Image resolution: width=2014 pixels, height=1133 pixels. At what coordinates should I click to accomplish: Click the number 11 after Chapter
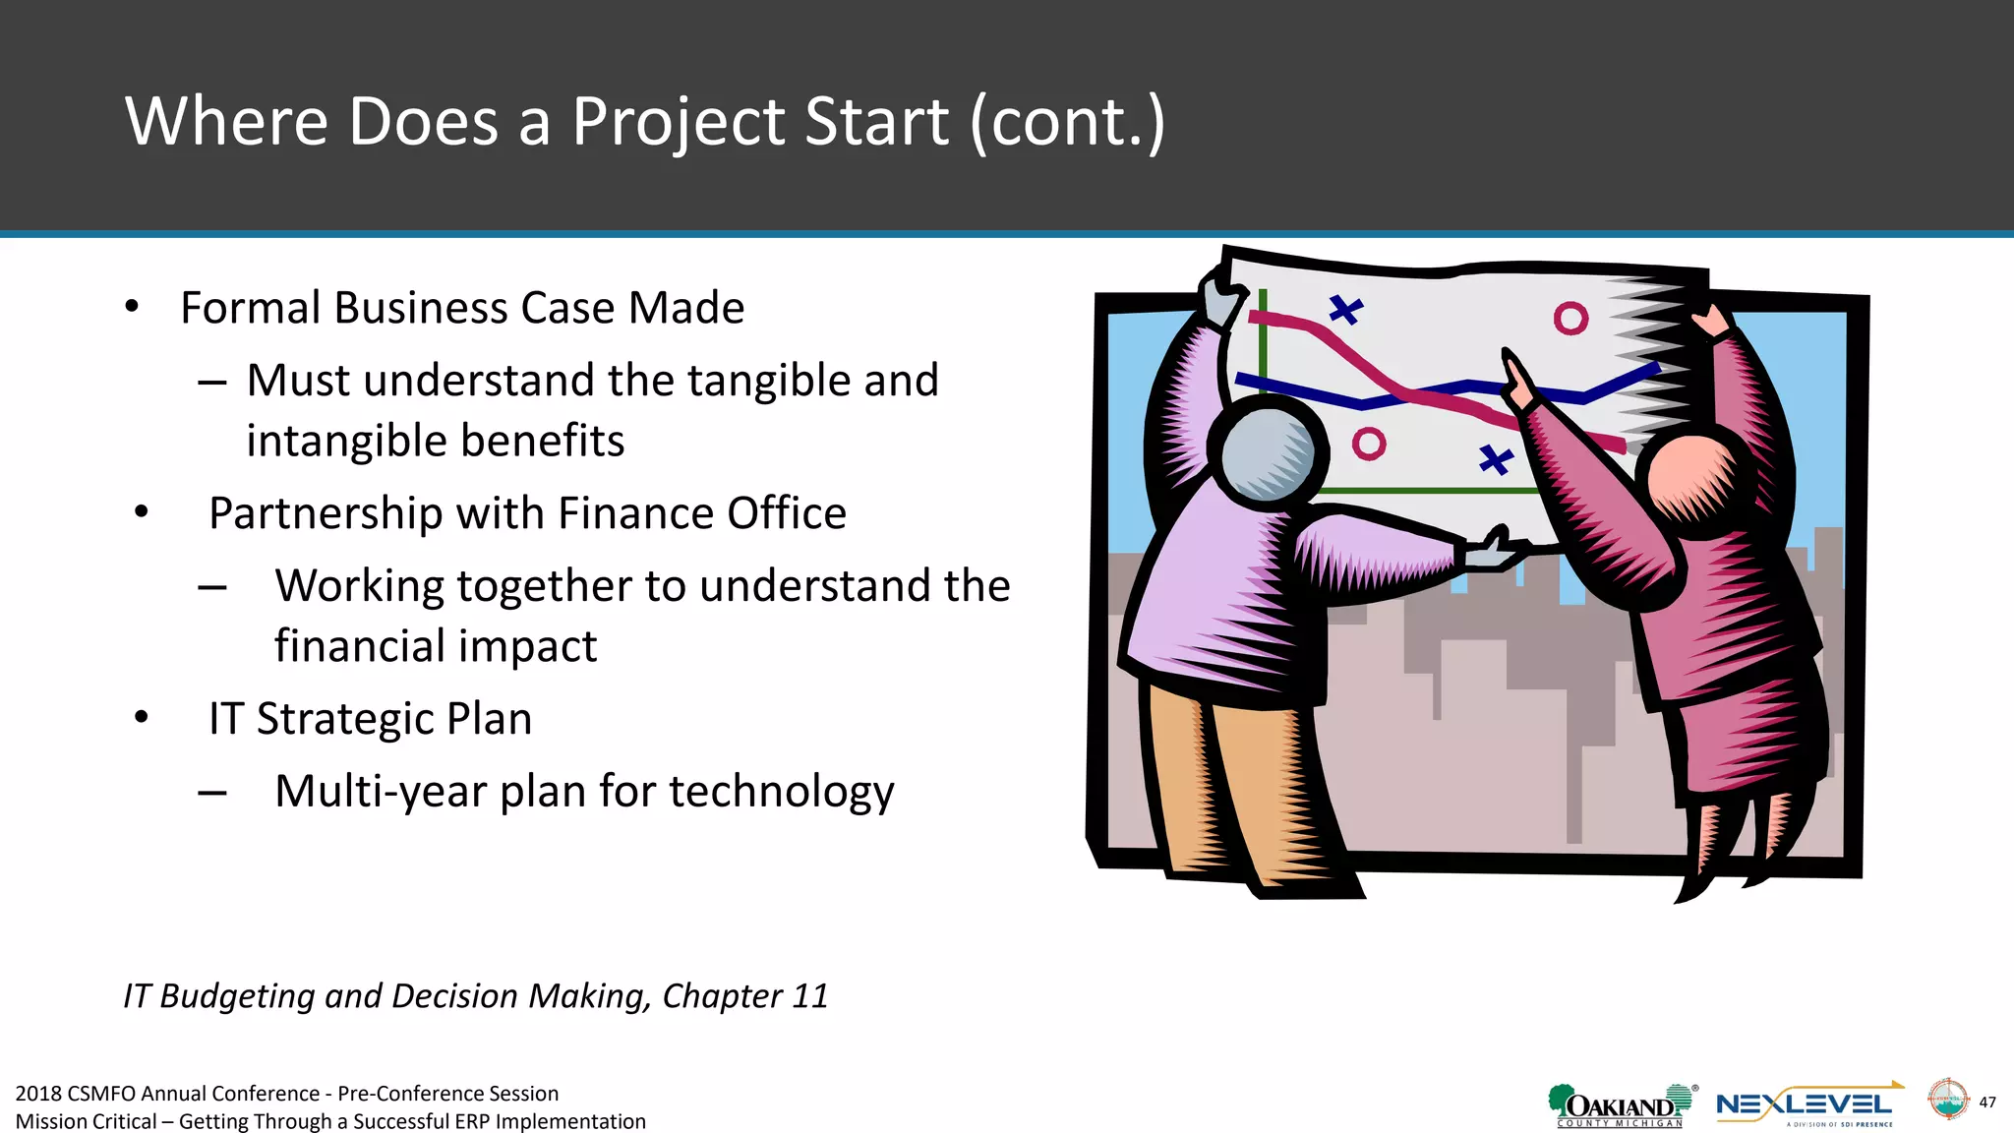pos(809,996)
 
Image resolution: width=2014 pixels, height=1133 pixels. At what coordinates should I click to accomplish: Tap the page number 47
pos(1986,1102)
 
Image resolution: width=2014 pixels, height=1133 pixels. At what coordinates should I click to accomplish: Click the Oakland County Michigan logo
pos(1620,1105)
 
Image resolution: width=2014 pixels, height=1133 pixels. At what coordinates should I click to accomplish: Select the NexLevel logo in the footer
pos(1806,1105)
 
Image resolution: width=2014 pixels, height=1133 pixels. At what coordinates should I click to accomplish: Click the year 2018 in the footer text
pos(37,1094)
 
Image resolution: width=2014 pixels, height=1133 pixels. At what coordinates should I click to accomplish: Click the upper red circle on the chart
pos(1570,318)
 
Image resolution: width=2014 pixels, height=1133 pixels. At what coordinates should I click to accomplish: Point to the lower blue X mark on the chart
pos(1496,458)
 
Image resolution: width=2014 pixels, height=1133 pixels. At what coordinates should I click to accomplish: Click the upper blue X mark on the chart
pos(1345,310)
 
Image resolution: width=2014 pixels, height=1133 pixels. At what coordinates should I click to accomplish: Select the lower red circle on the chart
pos(1368,444)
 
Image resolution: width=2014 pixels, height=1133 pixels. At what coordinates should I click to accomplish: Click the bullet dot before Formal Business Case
pos(132,307)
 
